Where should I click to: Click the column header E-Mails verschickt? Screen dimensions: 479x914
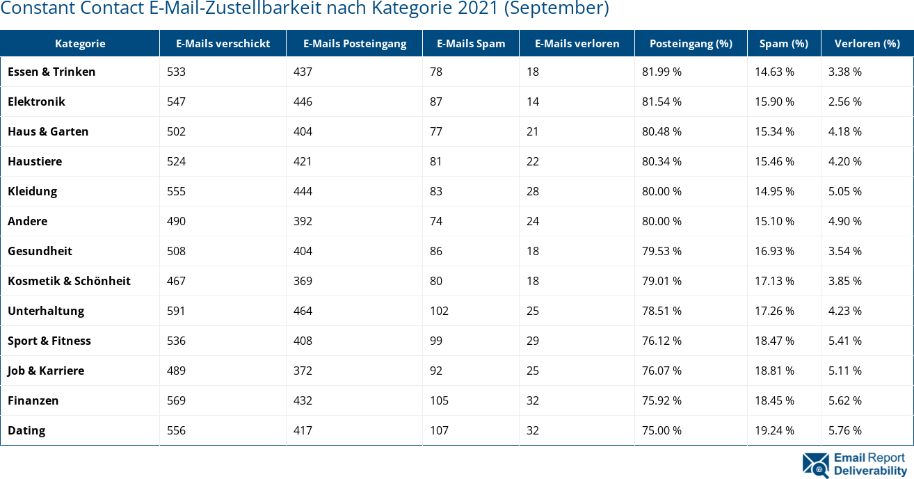(x=223, y=43)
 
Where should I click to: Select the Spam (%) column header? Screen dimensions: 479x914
(x=783, y=43)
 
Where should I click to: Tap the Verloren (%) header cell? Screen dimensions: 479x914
(x=867, y=43)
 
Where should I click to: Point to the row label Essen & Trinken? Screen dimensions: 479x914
(x=51, y=72)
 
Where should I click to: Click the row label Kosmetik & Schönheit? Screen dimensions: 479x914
(x=69, y=281)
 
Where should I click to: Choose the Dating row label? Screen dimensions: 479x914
(x=26, y=430)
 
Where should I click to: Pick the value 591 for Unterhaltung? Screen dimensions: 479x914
(x=176, y=311)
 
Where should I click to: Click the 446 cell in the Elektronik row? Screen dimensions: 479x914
(x=303, y=102)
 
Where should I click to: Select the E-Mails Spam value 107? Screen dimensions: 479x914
(x=439, y=430)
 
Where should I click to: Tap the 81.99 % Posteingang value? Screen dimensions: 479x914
(x=662, y=72)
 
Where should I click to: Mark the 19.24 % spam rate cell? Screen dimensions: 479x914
(x=774, y=430)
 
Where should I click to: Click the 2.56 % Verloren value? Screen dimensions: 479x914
(x=844, y=102)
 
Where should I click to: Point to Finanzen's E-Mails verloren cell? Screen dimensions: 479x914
(x=533, y=400)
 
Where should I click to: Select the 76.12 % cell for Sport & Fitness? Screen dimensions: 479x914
(x=662, y=341)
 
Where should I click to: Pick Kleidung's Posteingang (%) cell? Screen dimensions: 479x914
(x=662, y=191)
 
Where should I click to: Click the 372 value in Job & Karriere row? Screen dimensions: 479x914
(x=303, y=371)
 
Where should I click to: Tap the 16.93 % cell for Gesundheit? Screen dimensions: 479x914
(x=774, y=251)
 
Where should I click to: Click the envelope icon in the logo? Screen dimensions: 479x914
(x=815, y=465)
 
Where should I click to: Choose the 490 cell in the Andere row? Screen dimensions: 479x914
(x=176, y=221)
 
